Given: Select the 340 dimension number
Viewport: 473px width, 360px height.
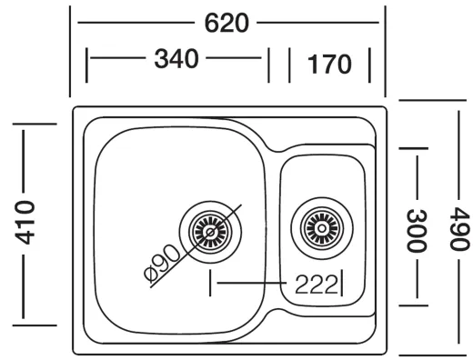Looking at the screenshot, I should (x=177, y=61).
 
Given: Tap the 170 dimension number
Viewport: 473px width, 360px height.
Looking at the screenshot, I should (x=328, y=65).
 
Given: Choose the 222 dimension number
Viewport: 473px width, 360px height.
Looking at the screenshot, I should (x=316, y=284).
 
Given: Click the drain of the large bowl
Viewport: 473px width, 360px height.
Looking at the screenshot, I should (x=211, y=231).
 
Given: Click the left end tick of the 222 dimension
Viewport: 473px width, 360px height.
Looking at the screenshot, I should (x=211, y=283).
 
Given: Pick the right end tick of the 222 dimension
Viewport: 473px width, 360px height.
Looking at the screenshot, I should (x=341, y=283).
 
